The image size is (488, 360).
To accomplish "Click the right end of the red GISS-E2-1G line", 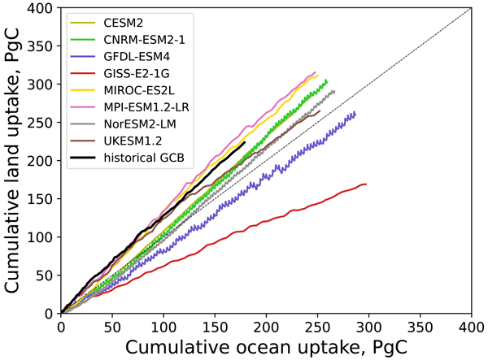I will [x=366, y=184].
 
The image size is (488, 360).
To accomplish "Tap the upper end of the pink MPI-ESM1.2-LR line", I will [x=316, y=72].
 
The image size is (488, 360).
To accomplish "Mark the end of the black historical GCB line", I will [x=245, y=142].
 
